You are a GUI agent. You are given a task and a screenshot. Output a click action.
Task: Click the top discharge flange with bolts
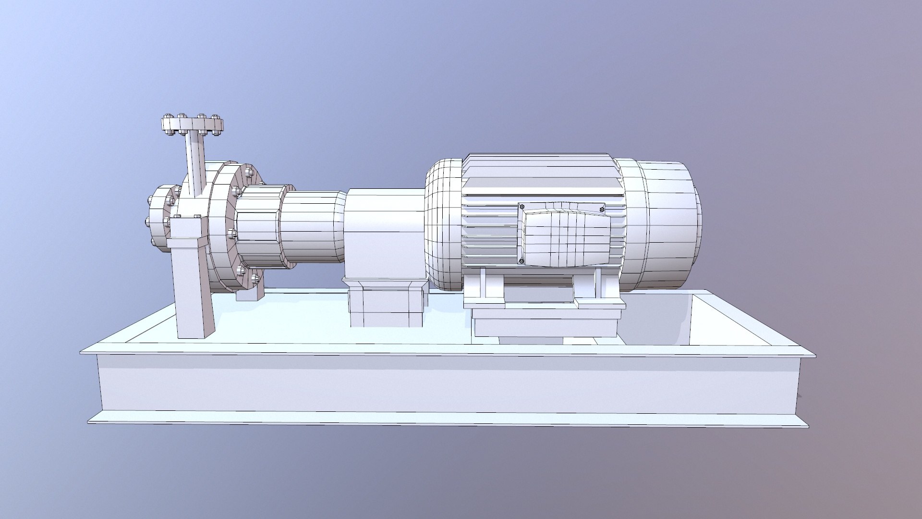coord(192,125)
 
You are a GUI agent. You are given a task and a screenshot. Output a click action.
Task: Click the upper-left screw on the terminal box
coord(522,207)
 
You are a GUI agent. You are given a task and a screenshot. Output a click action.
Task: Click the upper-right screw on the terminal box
coord(602,208)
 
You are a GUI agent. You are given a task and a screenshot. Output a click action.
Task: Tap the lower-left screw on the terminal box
coord(522,261)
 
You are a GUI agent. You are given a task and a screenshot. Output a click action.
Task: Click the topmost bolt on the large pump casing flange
coord(249,172)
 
